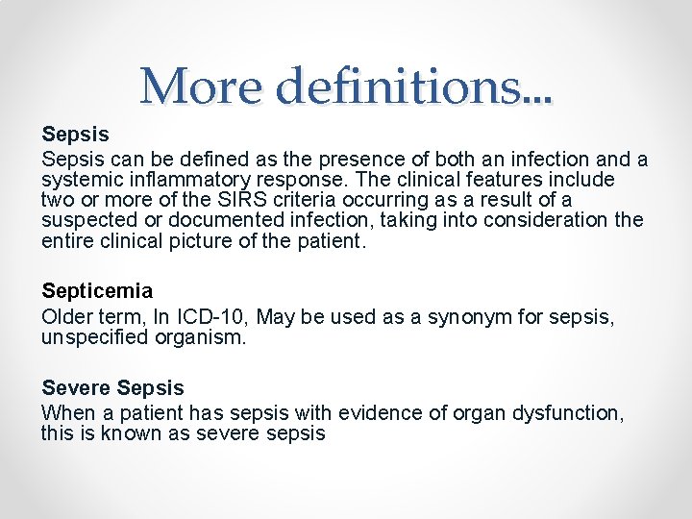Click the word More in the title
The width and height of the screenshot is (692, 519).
(x=200, y=87)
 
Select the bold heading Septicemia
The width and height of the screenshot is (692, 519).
(x=97, y=289)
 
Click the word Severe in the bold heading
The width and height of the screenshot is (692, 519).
(x=76, y=388)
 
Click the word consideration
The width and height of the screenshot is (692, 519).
(x=547, y=219)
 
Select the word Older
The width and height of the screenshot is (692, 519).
(x=64, y=316)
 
